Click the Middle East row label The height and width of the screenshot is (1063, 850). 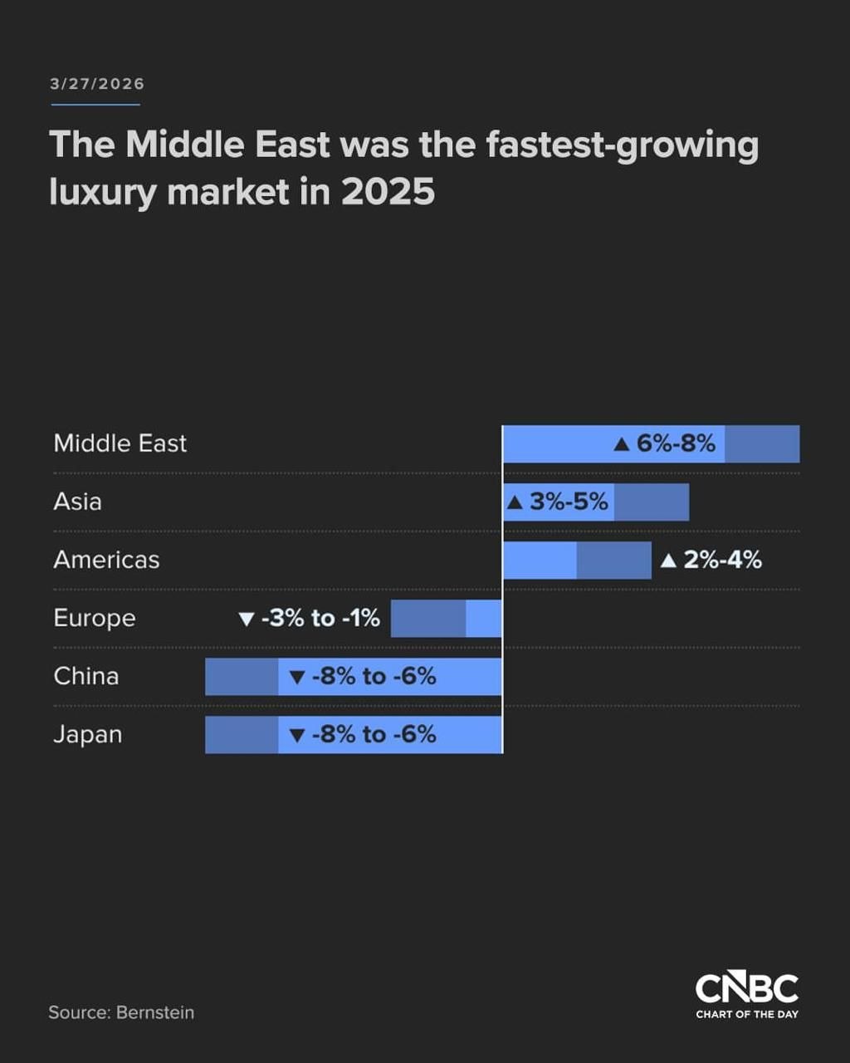point(120,443)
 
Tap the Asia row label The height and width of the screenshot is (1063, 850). point(78,502)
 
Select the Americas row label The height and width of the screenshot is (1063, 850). point(106,560)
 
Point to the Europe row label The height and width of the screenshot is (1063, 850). point(95,618)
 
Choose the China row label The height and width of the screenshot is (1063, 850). point(86,676)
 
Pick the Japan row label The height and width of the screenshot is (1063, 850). point(88,734)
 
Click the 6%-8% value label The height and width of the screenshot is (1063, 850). point(676,443)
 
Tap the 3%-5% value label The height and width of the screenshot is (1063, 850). point(569,502)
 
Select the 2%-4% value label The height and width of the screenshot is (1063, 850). point(722,560)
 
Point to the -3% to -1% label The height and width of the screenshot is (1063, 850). point(320,618)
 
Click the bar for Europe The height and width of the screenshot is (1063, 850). point(446,618)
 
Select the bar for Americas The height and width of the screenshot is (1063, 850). point(577,560)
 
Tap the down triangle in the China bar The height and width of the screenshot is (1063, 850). point(297,677)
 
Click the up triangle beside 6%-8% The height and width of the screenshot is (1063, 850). point(622,444)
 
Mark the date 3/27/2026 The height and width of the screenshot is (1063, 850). point(97,84)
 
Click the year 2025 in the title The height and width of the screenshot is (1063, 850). point(388,192)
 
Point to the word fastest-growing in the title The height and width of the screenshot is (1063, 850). point(622,145)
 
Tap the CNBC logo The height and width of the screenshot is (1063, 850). point(746,988)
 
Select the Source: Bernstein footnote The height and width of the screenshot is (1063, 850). point(121,1012)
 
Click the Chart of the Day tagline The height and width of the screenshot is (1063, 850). point(746,1014)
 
